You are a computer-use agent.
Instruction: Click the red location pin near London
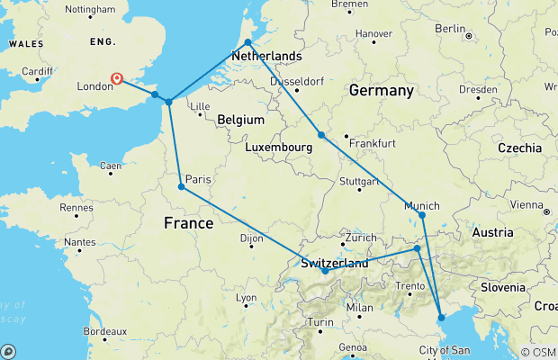click(x=117, y=79)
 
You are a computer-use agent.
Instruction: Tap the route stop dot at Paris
click(x=182, y=187)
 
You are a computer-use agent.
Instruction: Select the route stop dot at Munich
click(x=422, y=215)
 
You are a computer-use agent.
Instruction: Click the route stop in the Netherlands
click(x=247, y=42)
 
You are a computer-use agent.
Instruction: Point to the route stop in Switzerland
click(x=325, y=270)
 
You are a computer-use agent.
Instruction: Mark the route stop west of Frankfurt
click(x=321, y=135)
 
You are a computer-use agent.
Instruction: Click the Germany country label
click(x=381, y=91)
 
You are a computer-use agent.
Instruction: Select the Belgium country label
click(x=240, y=120)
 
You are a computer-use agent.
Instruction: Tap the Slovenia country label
click(x=502, y=287)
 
